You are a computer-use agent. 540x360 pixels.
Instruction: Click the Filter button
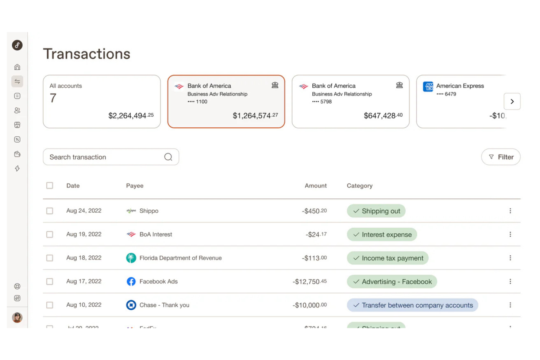click(501, 157)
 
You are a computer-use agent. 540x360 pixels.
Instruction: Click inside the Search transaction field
click(104, 157)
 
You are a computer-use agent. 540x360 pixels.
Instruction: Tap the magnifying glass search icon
click(168, 157)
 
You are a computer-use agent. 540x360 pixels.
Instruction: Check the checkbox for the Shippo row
click(50, 211)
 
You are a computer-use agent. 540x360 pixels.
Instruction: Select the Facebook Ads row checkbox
click(50, 282)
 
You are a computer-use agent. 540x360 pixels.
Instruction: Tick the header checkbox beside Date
click(50, 186)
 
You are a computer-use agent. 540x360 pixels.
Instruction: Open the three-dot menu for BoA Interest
click(510, 235)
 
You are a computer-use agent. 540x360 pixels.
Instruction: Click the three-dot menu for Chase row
click(510, 305)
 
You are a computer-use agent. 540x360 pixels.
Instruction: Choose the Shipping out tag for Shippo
click(376, 211)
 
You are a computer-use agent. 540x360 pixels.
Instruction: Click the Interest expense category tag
click(382, 235)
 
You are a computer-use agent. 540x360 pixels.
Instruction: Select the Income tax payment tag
click(387, 258)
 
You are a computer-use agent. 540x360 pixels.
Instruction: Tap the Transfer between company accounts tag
click(412, 305)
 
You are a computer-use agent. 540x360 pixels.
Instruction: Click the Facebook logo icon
click(131, 282)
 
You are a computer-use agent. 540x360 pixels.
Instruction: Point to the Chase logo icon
click(131, 305)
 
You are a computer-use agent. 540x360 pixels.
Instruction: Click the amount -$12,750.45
click(309, 282)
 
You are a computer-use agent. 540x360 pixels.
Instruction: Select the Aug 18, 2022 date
click(84, 258)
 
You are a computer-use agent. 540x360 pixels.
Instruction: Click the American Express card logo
click(428, 86)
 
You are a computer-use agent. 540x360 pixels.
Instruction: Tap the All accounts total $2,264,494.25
click(131, 116)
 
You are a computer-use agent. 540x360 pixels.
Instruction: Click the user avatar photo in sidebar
click(17, 318)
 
